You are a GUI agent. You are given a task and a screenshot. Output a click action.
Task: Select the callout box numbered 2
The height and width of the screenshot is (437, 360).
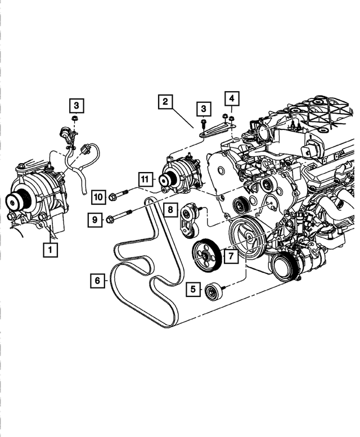[165, 102]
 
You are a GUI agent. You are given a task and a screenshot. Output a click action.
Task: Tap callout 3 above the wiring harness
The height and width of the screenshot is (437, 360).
[76, 105]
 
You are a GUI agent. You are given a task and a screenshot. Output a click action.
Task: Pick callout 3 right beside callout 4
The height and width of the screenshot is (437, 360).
[204, 108]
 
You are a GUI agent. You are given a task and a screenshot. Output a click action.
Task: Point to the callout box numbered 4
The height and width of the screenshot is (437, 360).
[231, 98]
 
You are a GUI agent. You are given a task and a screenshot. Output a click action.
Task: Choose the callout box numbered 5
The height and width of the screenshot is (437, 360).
[193, 290]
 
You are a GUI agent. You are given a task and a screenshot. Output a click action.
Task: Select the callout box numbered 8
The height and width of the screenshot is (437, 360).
[168, 210]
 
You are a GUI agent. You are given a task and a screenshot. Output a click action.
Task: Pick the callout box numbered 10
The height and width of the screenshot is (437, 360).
[98, 196]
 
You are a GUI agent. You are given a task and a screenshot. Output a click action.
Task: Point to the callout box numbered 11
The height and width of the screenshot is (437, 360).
[145, 179]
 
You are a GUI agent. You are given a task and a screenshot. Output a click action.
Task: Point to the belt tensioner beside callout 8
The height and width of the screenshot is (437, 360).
[190, 220]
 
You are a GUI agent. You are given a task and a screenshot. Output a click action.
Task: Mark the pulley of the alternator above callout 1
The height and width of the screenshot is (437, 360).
[14, 200]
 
